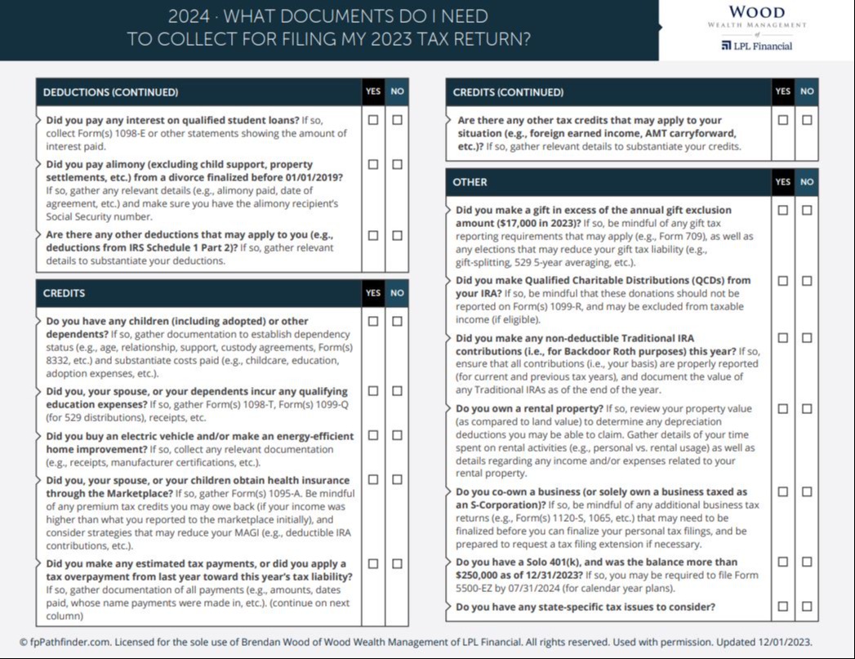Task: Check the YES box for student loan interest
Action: tap(373, 119)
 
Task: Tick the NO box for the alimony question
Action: tap(397, 164)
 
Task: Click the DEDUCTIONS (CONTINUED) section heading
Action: tap(110, 92)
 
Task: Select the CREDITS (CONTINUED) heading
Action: tap(508, 92)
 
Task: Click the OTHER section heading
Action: tap(470, 182)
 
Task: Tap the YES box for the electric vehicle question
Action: tap(373, 435)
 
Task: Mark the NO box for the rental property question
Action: tap(807, 408)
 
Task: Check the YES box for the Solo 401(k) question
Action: tap(783, 562)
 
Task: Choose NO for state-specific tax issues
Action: tap(807, 606)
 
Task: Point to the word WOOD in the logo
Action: tap(756, 12)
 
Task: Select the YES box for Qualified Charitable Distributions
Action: tap(783, 281)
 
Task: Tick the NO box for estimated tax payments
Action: tap(397, 563)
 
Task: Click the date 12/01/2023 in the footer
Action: tap(782, 642)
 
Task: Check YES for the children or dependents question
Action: tap(373, 321)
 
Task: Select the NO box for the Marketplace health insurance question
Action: tap(397, 479)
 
